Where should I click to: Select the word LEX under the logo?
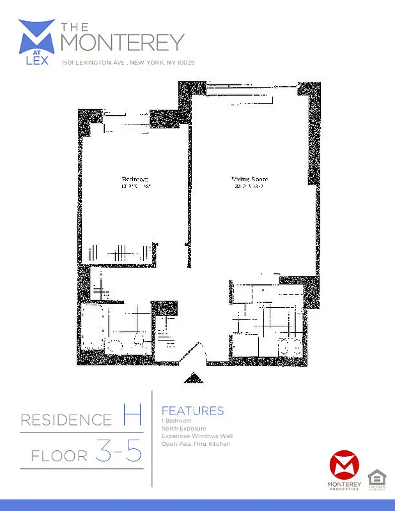point(36,61)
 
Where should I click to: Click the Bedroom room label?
point(135,179)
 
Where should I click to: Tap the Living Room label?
point(249,179)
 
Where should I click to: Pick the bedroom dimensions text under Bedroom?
point(135,187)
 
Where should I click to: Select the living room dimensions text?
point(249,187)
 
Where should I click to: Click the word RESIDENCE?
point(66,420)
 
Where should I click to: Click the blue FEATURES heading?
point(192,411)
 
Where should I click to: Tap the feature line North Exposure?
point(184,429)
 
